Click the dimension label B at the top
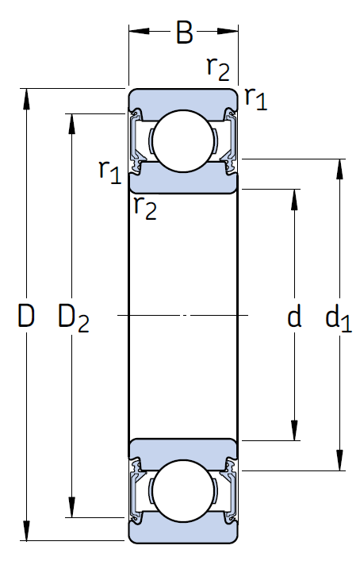pos(184,33)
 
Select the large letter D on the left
pos(26,317)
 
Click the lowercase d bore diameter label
pos(294,317)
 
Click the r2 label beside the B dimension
pos(218,68)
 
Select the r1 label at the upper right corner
pos(255,98)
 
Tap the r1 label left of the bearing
pos(109,169)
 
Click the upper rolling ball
pos(184,140)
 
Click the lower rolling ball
pos(184,492)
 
